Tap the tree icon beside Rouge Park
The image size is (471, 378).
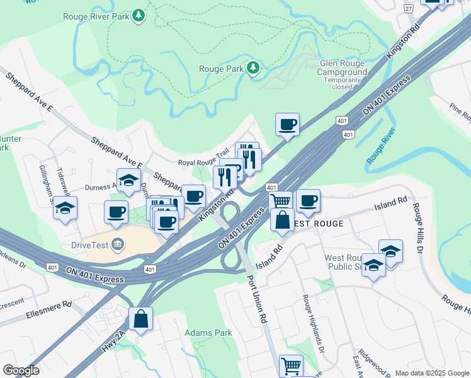point(253,67)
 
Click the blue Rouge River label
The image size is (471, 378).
point(380,147)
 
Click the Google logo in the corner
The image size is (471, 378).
point(21,370)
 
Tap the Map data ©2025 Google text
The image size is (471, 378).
point(431,373)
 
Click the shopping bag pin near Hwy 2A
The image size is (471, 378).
point(141,319)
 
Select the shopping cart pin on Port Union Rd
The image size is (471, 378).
point(291,365)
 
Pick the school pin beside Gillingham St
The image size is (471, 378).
point(65,208)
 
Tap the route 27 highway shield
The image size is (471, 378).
point(409,8)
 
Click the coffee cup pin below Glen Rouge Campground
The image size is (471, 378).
point(288,124)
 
